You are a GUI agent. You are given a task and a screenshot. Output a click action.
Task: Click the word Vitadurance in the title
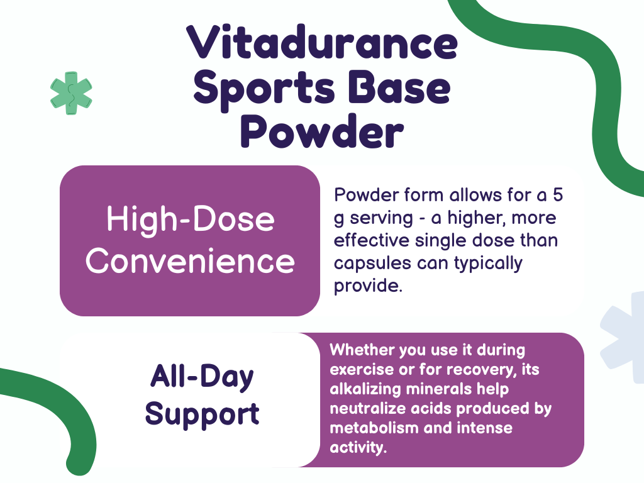pyautogui.click(x=322, y=45)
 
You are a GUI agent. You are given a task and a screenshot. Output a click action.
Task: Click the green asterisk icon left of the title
pyautogui.click(x=71, y=94)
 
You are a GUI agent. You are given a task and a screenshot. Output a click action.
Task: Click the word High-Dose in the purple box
pyautogui.click(x=190, y=219)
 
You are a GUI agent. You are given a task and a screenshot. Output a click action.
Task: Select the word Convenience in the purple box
pyautogui.click(x=190, y=261)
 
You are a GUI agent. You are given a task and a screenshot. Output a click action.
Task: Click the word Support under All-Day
pyautogui.click(x=202, y=414)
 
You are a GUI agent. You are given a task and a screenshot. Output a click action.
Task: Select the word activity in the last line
pyautogui.click(x=357, y=448)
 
